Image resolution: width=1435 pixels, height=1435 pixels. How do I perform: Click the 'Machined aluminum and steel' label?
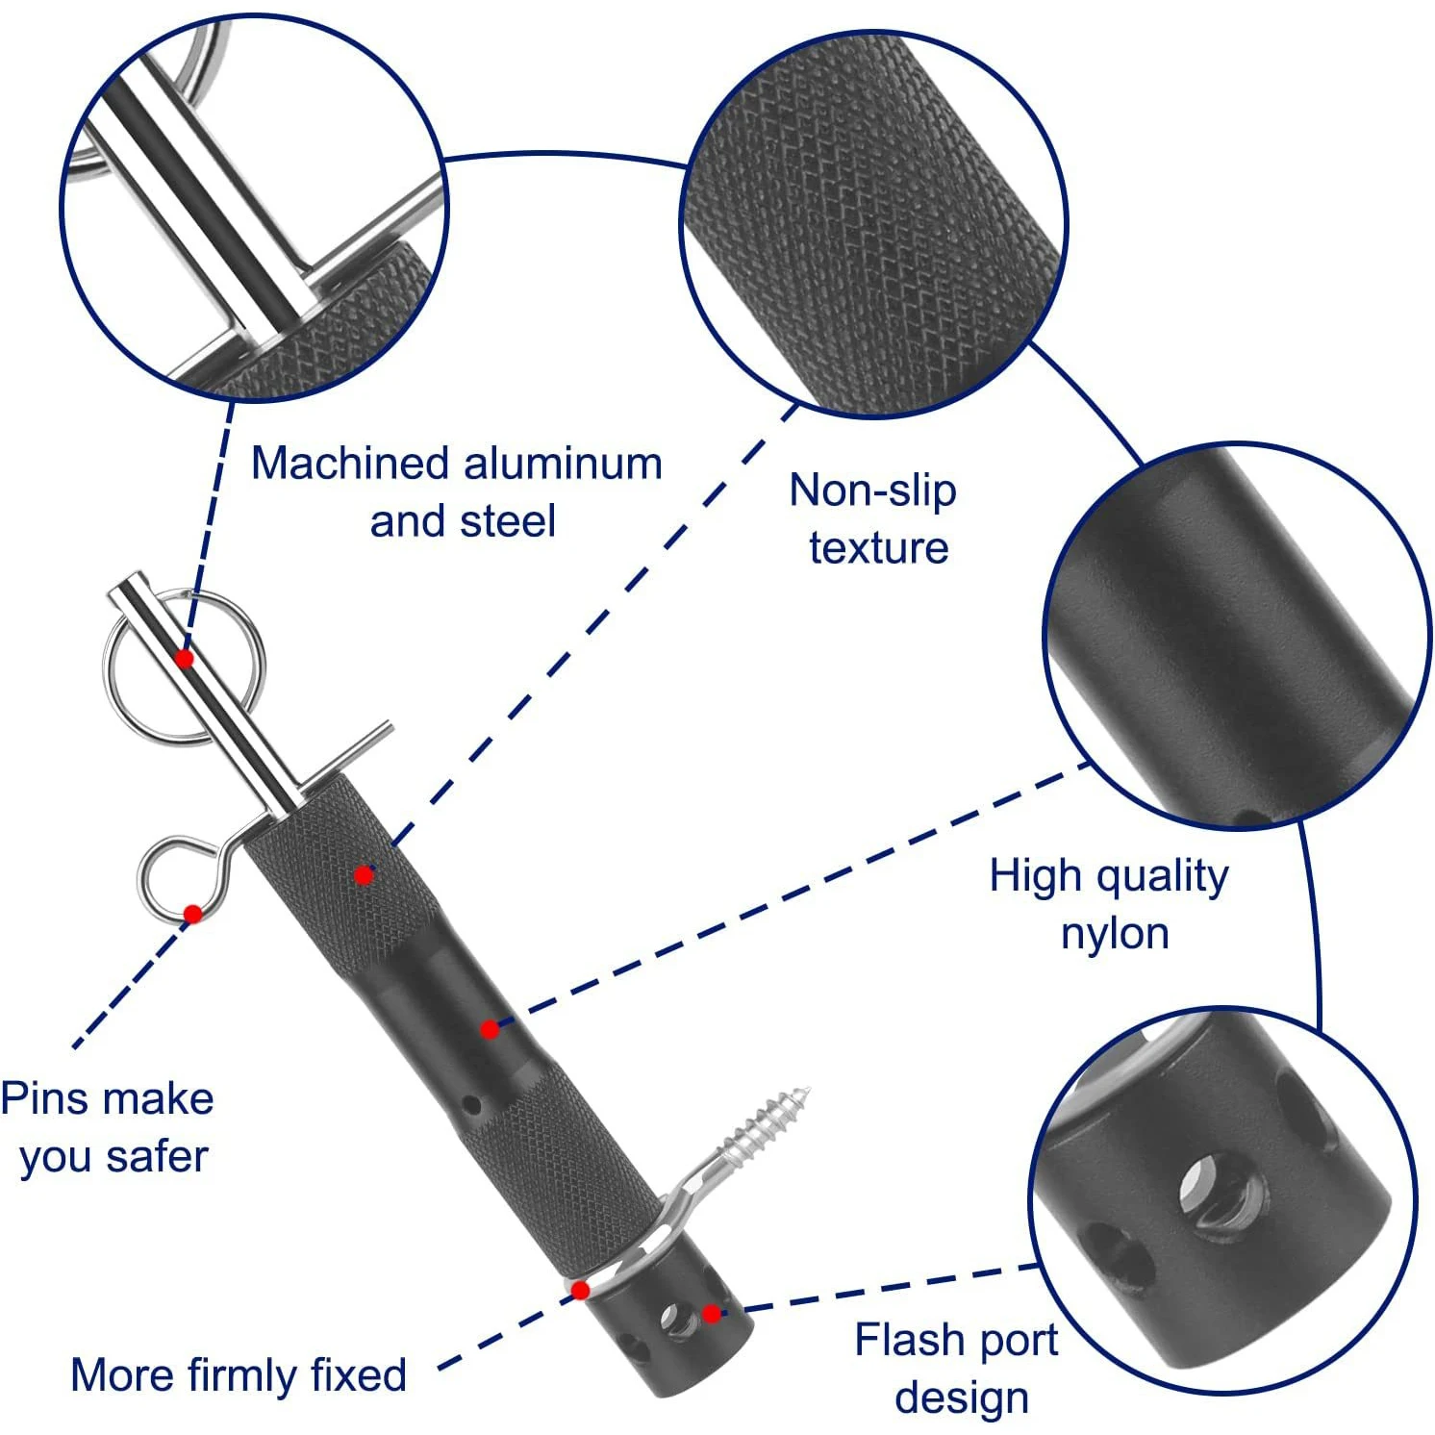tap(457, 491)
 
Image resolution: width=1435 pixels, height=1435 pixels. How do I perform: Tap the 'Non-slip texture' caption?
tap(873, 518)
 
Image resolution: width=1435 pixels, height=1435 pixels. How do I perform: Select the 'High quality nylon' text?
tap(1110, 904)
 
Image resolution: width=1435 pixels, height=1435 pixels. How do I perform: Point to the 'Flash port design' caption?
tap(958, 1368)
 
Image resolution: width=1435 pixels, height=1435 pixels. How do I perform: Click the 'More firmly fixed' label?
tap(239, 1374)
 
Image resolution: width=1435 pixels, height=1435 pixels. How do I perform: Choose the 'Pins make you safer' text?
tap(108, 1126)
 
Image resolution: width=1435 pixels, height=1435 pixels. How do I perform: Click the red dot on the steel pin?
tap(184, 659)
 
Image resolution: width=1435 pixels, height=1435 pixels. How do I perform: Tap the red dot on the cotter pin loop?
tap(192, 914)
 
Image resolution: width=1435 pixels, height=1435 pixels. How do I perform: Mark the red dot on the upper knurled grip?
tap(363, 875)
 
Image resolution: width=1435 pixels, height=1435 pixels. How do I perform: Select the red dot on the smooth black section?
tap(490, 1030)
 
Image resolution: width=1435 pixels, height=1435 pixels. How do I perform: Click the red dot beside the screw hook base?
tap(580, 1290)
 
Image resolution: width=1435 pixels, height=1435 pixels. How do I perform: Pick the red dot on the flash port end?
tap(710, 1314)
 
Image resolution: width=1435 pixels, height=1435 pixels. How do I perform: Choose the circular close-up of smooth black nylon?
tap(1237, 636)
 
